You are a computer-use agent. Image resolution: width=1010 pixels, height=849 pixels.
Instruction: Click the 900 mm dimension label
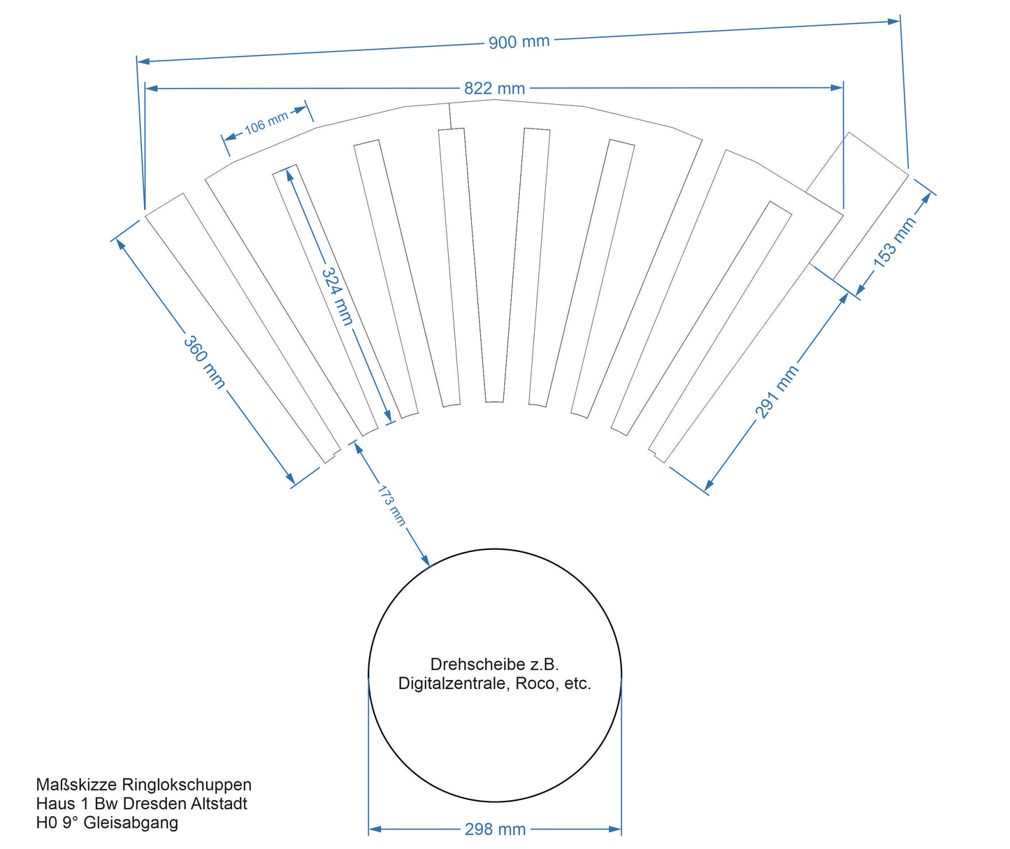tap(519, 42)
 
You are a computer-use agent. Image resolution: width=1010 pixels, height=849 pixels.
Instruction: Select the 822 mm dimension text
tap(494, 88)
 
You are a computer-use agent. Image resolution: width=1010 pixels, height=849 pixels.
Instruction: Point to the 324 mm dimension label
tap(337, 296)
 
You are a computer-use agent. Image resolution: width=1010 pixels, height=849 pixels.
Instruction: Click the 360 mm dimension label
tap(204, 361)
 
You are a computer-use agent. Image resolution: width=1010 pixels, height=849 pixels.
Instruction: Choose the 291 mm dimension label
tap(777, 391)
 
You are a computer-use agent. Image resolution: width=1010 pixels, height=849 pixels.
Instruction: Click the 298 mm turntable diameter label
tap(495, 829)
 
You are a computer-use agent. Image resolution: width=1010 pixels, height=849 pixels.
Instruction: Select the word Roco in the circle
tap(535, 683)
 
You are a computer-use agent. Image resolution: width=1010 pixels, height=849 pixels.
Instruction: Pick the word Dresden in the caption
tap(155, 804)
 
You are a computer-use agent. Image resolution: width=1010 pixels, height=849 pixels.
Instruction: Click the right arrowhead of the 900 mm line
tap(894, 21)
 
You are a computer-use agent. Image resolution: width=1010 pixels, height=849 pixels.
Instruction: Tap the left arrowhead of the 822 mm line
tap(150, 88)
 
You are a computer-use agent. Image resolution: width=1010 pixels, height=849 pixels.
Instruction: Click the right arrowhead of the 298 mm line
tap(616, 829)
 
